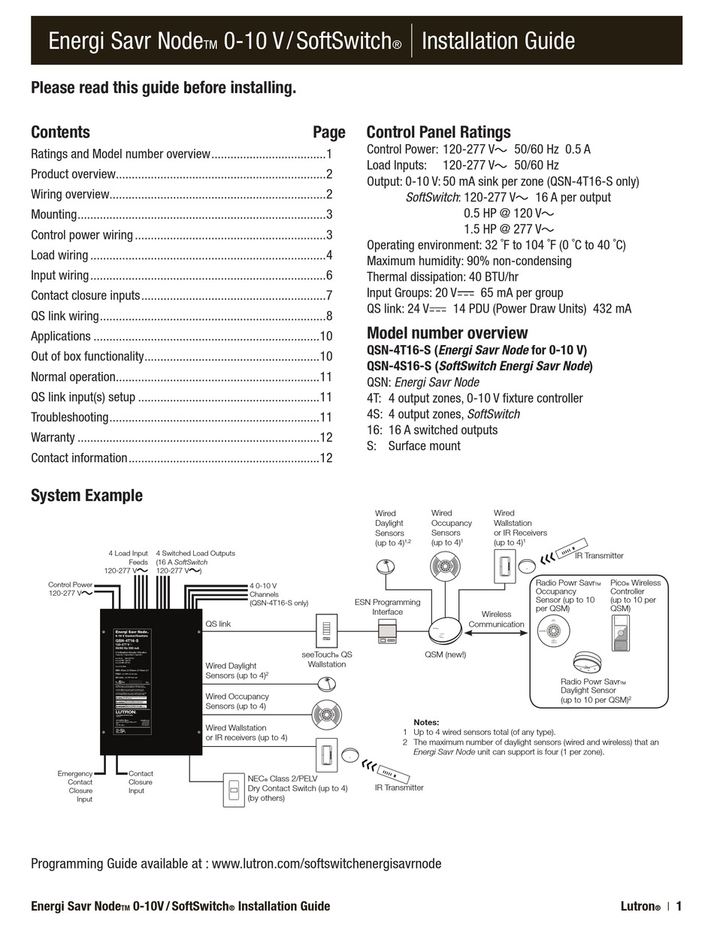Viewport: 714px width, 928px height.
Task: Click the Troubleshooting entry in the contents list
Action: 70,417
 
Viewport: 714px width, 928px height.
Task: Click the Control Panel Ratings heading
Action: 438,132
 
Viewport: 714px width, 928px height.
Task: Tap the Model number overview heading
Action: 447,333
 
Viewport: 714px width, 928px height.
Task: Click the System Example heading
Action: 86,495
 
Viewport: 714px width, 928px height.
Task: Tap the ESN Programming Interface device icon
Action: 387,632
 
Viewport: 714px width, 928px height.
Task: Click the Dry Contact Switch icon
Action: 234,790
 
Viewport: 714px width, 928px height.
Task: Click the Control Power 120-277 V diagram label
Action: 71,588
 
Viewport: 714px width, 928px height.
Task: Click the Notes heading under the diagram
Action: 426,722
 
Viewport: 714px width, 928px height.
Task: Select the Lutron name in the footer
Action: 640,906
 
